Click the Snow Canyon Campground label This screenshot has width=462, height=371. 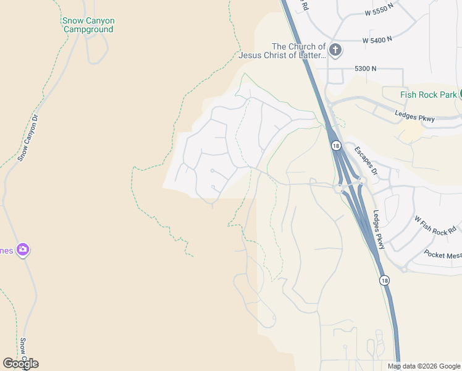click(x=88, y=25)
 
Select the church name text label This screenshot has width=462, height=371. click(x=299, y=51)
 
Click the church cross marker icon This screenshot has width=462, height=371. click(x=335, y=50)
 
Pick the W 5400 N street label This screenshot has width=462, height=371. click(x=377, y=40)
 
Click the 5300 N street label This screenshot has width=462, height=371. click(x=366, y=68)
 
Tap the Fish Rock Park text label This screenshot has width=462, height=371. click(x=428, y=95)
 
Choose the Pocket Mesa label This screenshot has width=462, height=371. click(x=443, y=254)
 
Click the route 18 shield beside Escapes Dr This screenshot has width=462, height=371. click(x=335, y=146)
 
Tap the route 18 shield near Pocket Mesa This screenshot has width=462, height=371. click(x=385, y=280)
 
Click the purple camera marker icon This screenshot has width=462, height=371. click(x=23, y=250)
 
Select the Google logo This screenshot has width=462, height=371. click(x=20, y=364)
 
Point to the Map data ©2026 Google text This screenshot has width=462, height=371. click(x=423, y=366)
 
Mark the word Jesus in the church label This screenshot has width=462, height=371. click(x=254, y=56)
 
